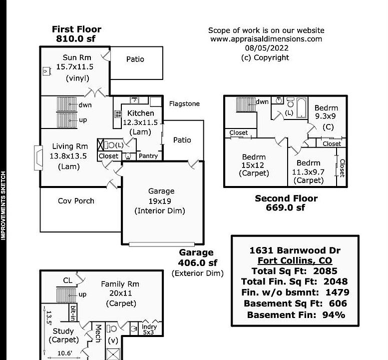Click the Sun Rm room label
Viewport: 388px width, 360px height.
coord(76,57)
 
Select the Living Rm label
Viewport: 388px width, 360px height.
coord(70,146)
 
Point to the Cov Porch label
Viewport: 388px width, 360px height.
coord(76,201)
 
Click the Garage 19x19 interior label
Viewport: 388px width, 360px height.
coord(161,191)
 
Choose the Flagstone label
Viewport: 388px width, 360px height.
coord(184,104)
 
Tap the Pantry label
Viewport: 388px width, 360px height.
coord(148,156)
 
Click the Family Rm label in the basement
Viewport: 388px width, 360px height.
coord(120,284)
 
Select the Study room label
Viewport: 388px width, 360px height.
coord(63,331)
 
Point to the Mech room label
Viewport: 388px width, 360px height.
coord(98,333)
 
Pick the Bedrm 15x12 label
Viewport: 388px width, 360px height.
coord(254,157)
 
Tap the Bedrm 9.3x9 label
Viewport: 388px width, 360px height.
coord(326,108)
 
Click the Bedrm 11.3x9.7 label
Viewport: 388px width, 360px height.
coord(309,163)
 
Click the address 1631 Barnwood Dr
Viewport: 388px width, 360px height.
coord(295,250)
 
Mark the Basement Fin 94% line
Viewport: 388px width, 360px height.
coord(296,315)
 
